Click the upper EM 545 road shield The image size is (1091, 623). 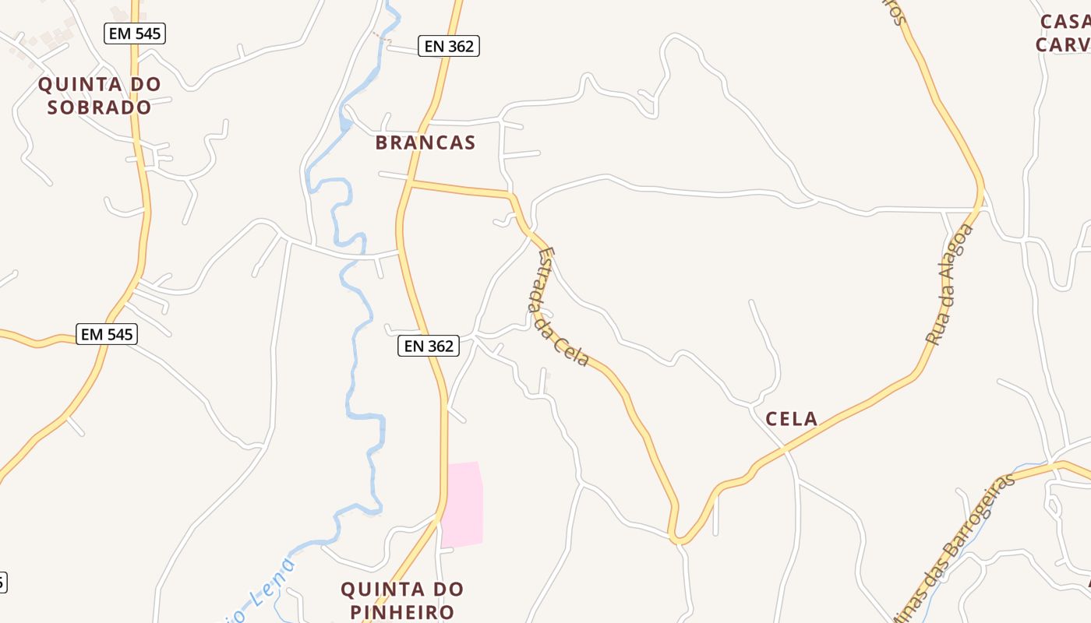135,33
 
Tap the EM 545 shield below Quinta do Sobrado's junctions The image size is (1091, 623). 108,334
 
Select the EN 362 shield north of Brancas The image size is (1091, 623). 448,46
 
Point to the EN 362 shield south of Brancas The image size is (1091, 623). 429,346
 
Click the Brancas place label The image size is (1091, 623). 425,143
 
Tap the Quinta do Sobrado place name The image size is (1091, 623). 99,95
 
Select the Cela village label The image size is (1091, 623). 791,419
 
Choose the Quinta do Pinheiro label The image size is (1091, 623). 402,600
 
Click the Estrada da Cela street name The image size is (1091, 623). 560,307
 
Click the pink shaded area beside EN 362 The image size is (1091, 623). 462,504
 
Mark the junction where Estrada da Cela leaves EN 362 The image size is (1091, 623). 409,184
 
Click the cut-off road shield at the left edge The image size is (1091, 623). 2,582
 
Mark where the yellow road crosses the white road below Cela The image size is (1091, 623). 786,450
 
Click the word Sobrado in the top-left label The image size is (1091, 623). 99,107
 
